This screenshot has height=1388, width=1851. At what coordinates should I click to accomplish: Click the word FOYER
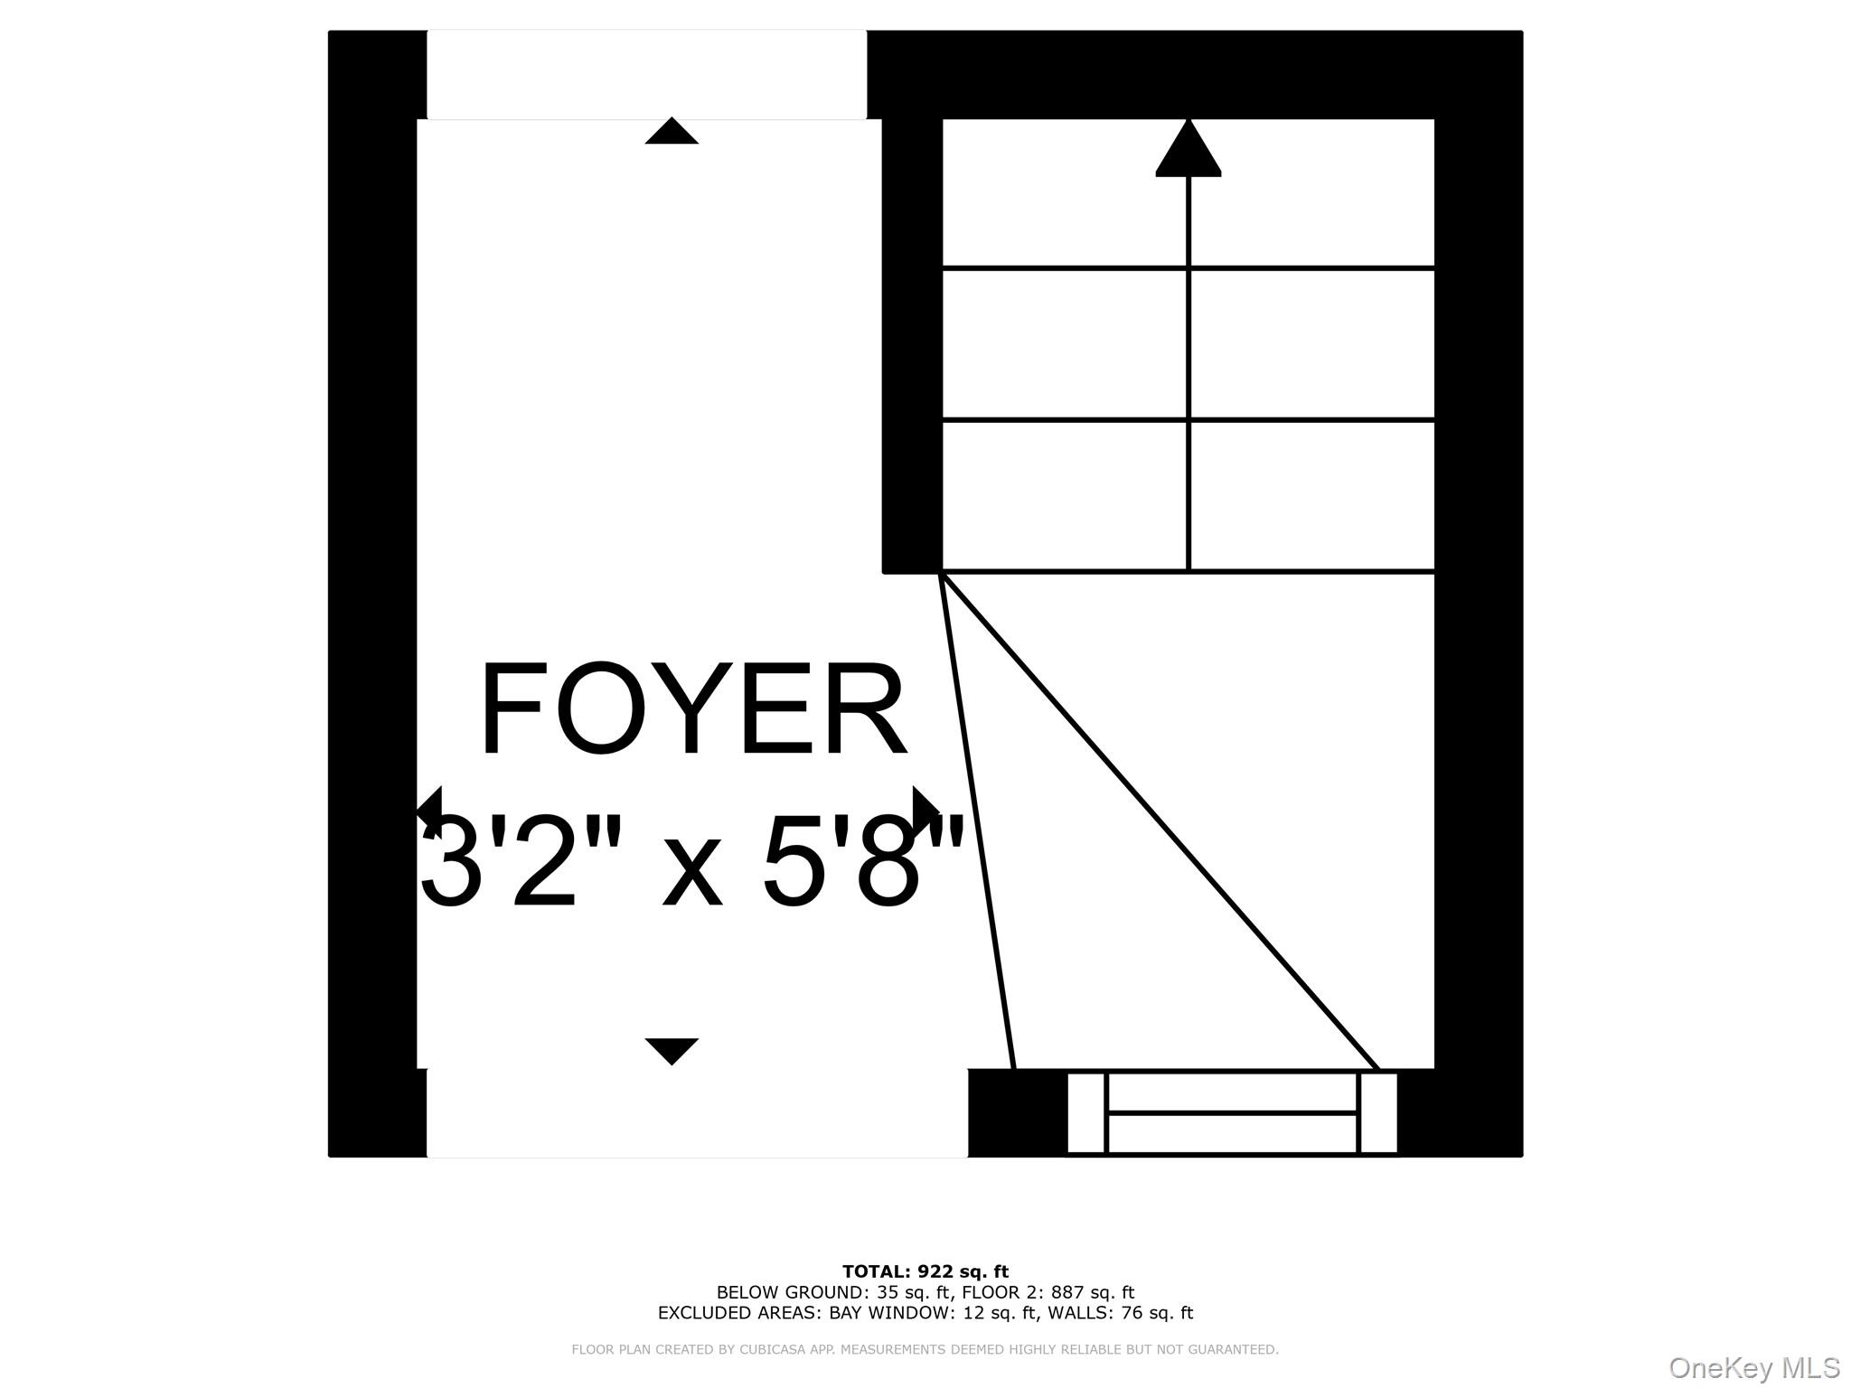point(692,710)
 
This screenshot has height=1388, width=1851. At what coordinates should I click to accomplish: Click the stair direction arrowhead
point(1188,149)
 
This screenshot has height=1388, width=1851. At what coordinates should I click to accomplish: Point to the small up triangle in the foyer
point(672,132)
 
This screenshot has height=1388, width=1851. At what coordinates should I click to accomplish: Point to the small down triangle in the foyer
point(672,1050)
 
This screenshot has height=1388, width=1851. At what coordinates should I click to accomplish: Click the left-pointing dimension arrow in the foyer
point(430,804)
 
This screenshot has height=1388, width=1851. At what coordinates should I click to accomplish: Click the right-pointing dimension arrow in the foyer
point(925,804)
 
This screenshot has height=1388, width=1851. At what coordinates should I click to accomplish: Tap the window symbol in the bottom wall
point(1232,1112)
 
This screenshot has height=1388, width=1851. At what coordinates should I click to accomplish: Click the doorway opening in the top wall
point(646,74)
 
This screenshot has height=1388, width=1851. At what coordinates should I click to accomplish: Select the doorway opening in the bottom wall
point(696,1112)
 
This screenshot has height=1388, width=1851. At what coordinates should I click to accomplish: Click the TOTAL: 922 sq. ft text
point(925,1271)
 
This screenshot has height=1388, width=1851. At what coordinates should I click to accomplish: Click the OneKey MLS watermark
point(1753,1368)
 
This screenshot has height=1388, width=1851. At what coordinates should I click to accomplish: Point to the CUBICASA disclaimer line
point(925,1349)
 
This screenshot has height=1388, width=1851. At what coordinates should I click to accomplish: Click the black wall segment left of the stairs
point(912,343)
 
